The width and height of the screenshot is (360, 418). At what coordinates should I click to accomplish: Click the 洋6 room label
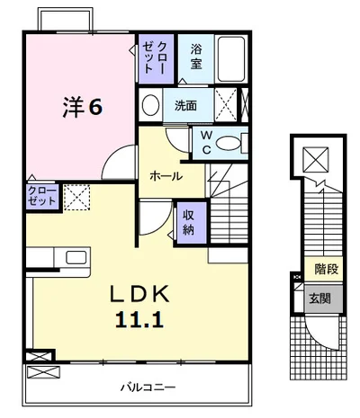83,107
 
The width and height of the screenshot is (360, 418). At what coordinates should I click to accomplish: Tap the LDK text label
139,294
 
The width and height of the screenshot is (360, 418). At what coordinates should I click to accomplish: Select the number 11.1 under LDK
139,319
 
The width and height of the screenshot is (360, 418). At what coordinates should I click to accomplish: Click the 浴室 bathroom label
196,57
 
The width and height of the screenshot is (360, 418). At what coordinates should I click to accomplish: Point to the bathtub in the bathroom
231,58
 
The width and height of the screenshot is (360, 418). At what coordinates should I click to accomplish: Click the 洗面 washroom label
185,105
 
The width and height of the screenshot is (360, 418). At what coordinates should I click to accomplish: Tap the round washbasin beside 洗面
150,105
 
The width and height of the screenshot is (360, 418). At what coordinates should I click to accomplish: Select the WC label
206,143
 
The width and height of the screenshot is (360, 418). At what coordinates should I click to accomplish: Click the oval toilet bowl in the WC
229,143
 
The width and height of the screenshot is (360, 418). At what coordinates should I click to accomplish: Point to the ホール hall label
166,176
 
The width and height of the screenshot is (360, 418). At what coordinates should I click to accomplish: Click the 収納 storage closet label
188,222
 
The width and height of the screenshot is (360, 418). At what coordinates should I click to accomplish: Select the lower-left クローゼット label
42,196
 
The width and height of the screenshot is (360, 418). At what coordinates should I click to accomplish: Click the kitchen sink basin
76,257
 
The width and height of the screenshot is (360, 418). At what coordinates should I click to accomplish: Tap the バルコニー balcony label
148,387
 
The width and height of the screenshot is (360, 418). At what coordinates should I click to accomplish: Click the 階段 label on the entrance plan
327,269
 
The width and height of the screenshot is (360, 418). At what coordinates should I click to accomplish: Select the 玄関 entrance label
319,298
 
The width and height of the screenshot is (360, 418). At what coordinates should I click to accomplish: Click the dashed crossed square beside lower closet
76,198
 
